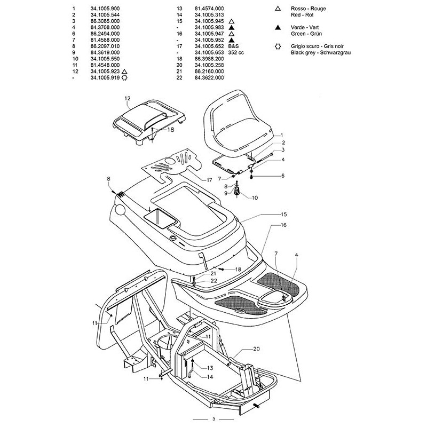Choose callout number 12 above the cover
point(128,99)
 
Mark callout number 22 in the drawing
point(199,281)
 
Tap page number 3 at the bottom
point(213,418)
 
